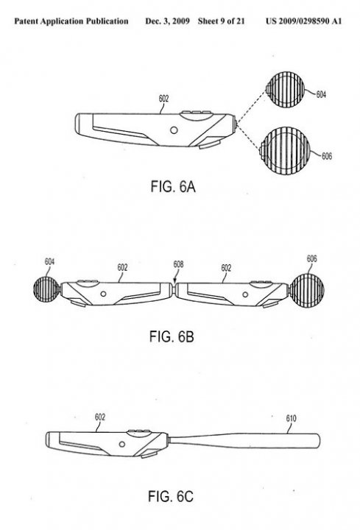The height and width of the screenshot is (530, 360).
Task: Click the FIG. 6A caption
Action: (173, 186)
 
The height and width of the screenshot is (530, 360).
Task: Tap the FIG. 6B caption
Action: (172, 336)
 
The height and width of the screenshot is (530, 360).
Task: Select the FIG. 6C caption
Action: (171, 496)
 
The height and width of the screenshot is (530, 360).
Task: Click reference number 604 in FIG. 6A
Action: (321, 94)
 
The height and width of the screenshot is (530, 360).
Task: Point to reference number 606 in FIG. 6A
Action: (327, 156)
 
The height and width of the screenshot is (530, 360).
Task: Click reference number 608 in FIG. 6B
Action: (178, 264)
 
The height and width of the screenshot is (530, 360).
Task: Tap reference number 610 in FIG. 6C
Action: (291, 418)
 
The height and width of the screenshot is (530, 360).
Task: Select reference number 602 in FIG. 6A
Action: (163, 99)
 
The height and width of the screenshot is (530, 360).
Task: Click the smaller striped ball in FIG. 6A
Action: (285, 90)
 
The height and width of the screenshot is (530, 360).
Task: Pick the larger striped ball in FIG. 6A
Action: (285, 151)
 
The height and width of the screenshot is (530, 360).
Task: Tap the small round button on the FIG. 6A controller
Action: (174, 130)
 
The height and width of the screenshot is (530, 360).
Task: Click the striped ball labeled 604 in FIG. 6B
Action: (47, 289)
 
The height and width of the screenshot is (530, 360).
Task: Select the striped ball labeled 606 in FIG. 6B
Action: (306, 291)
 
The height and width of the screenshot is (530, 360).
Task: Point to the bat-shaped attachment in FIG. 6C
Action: (244, 440)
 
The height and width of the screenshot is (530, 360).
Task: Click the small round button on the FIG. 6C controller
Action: (122, 444)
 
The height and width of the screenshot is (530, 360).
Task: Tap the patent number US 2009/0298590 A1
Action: (303, 21)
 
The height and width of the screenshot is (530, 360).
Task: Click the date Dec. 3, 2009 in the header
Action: (167, 21)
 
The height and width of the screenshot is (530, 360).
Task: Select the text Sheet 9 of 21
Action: (221, 21)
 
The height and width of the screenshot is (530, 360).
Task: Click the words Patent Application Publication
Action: (71, 21)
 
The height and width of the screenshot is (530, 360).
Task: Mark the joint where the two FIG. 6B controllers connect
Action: (174, 291)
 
